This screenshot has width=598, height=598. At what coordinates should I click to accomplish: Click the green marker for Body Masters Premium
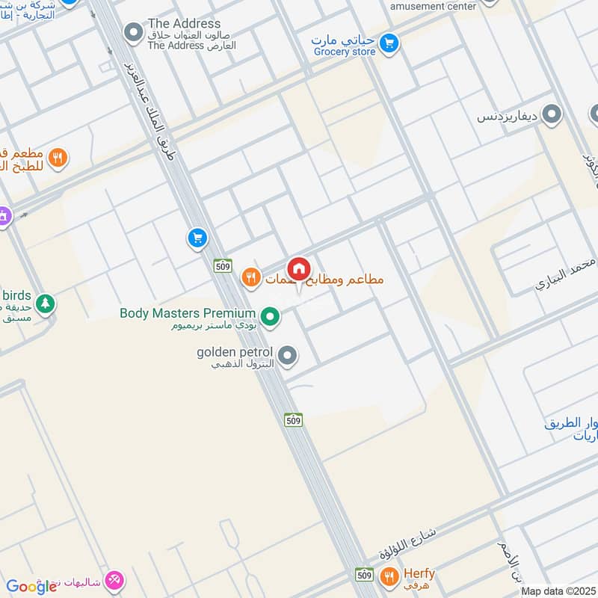(272, 318)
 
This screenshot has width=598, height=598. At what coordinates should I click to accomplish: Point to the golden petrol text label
(233, 351)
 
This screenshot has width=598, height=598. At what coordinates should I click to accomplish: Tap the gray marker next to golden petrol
(287, 356)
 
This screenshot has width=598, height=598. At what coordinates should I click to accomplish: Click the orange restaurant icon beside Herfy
(388, 576)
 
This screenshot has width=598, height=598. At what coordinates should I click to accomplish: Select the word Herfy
(419, 573)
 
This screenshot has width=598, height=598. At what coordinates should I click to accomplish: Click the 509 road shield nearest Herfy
(364, 574)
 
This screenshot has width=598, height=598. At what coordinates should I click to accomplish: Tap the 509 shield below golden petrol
(293, 421)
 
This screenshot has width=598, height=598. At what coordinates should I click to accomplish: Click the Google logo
(31, 587)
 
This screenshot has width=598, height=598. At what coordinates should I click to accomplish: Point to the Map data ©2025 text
(557, 591)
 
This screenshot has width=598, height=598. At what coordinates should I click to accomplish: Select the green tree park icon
(46, 303)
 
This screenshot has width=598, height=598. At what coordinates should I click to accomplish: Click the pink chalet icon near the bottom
(114, 579)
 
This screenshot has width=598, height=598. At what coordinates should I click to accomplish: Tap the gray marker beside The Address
(133, 32)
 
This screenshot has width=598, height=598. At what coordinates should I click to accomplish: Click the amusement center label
(433, 6)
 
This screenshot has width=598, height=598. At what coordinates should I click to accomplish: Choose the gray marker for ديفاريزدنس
(552, 115)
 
